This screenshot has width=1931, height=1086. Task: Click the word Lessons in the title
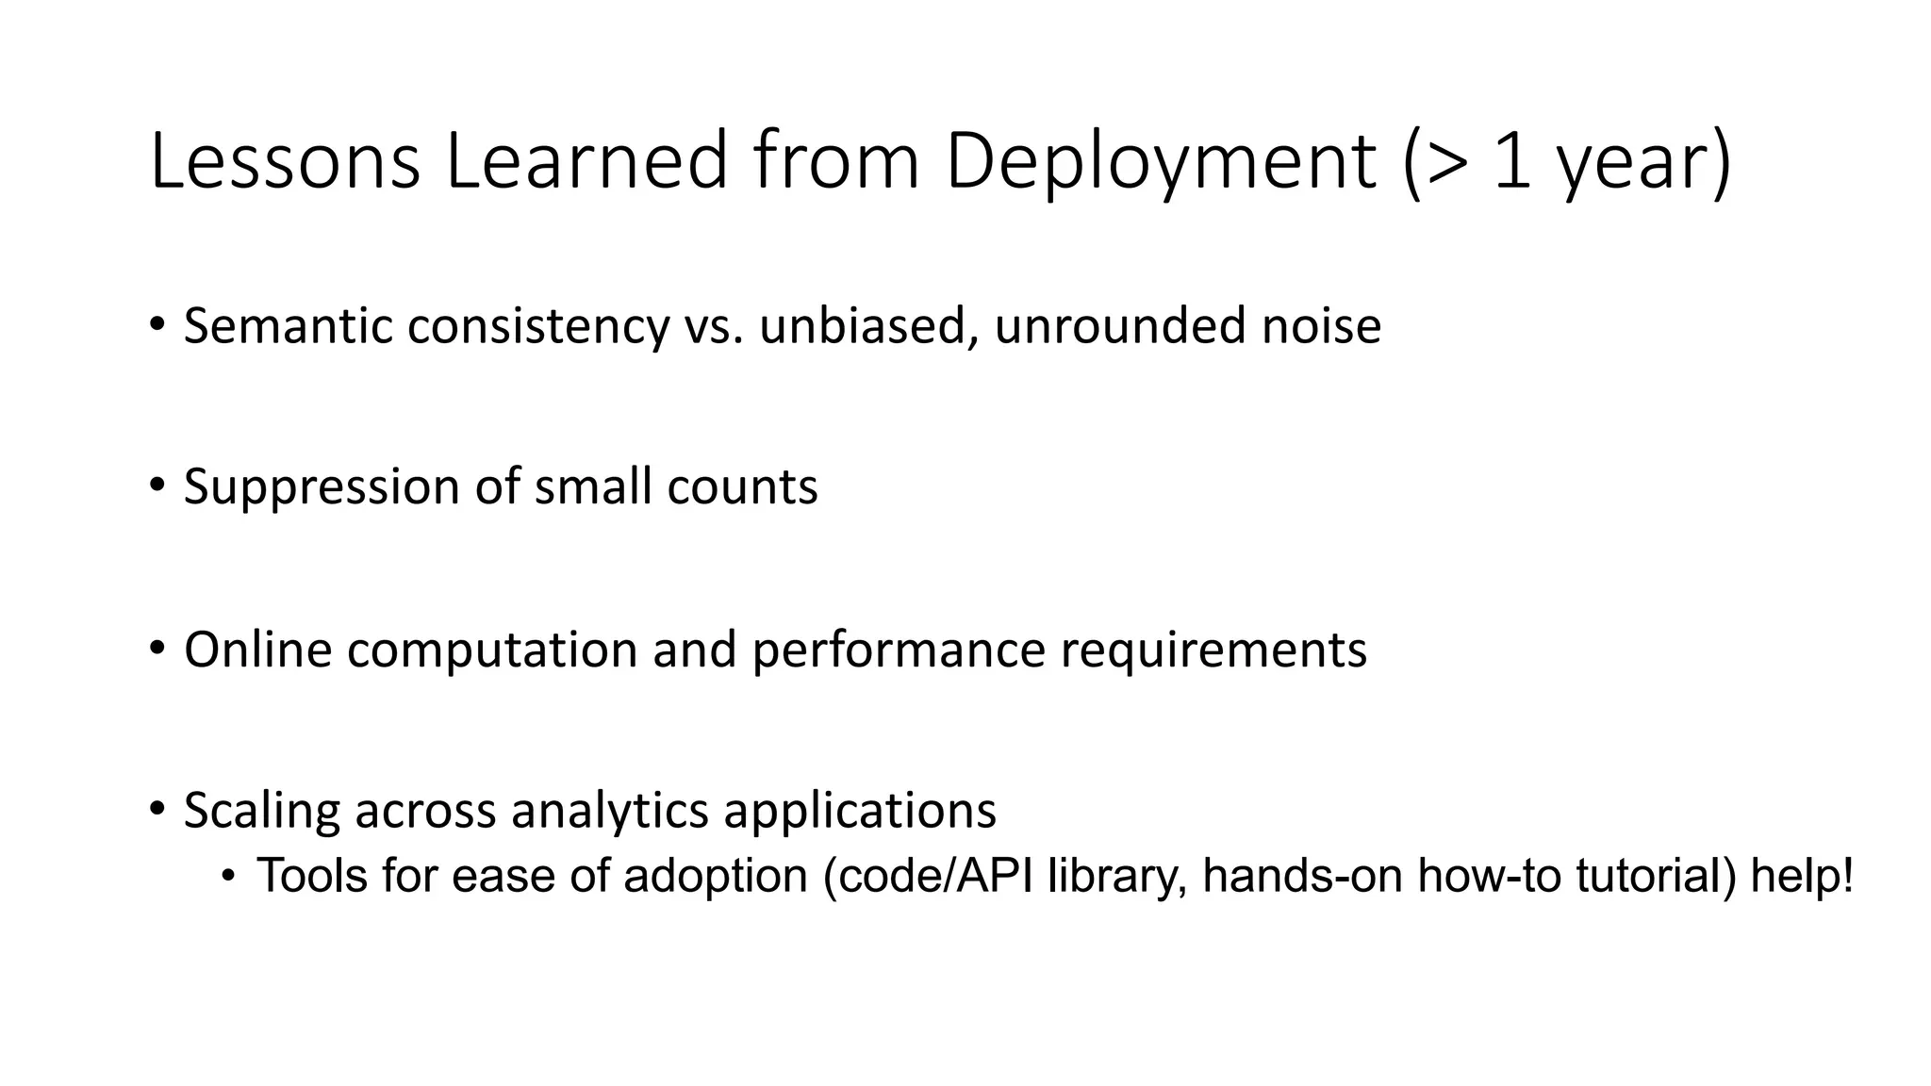click(x=284, y=161)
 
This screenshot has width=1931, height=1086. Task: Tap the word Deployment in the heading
click(x=1161, y=161)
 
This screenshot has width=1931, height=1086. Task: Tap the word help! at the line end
click(x=1802, y=876)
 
